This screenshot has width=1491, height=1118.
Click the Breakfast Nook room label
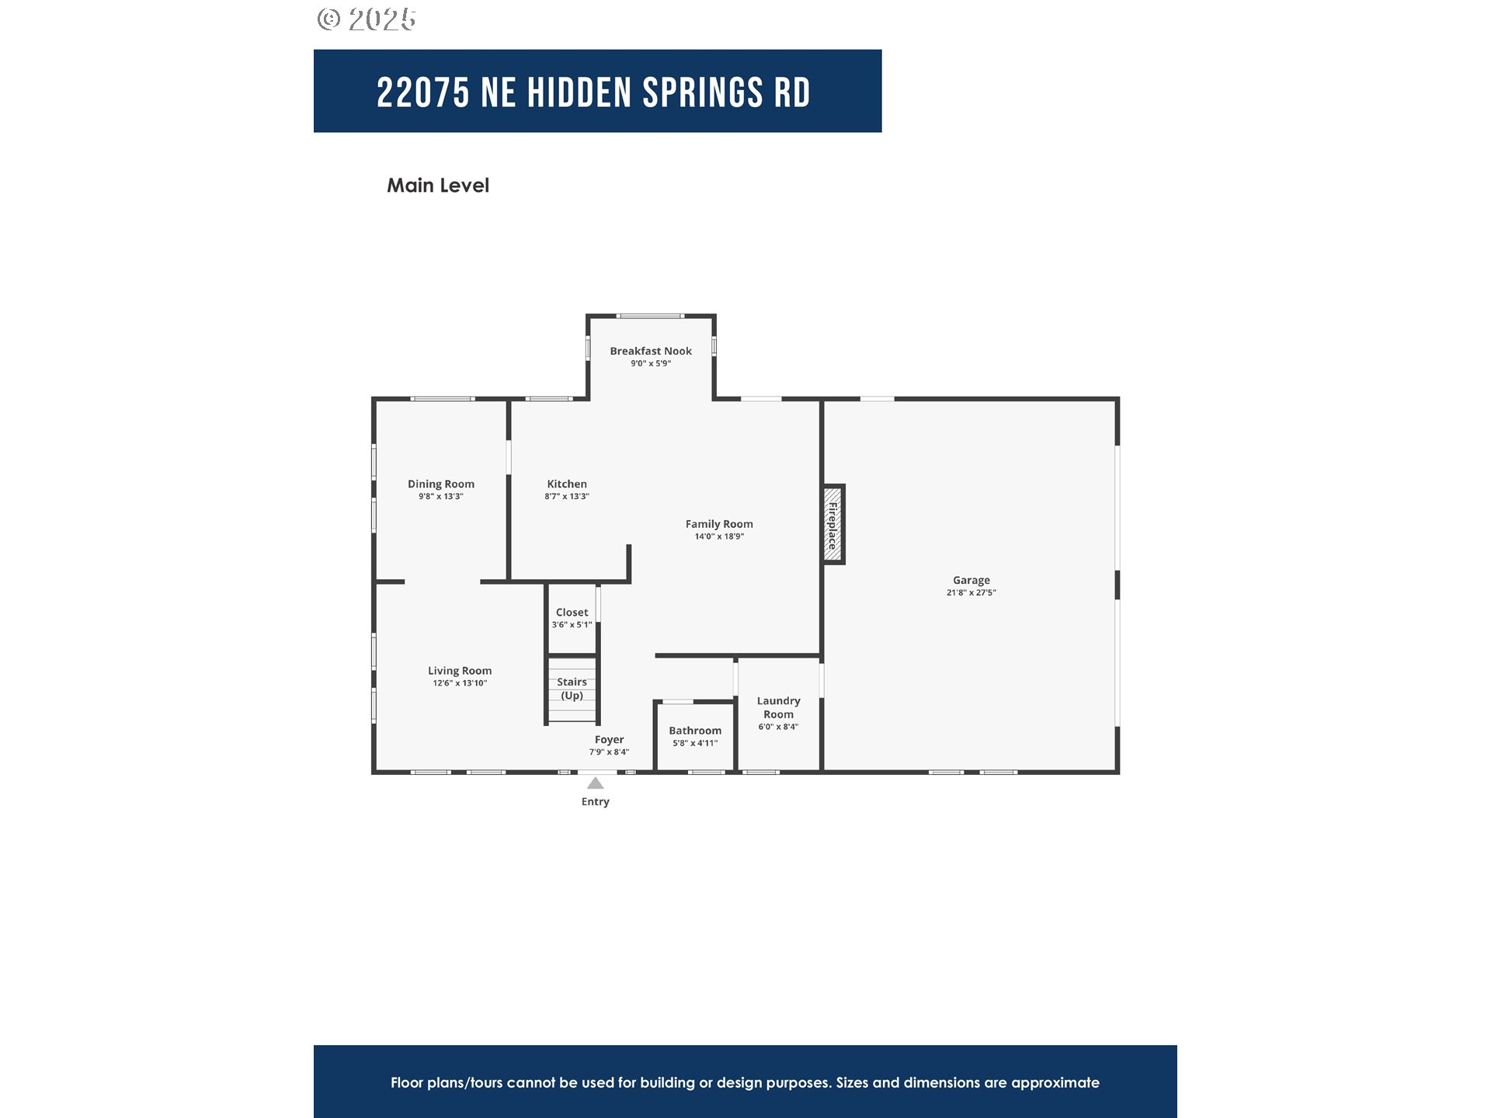click(650, 351)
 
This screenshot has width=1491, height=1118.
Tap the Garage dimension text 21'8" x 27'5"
click(971, 592)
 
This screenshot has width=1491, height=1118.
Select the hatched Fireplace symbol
click(832, 524)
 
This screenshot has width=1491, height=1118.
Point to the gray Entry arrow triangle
click(596, 783)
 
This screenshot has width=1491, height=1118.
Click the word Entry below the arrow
click(595, 801)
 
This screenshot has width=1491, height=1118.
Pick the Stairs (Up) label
click(572, 689)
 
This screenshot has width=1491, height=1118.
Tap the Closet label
click(572, 613)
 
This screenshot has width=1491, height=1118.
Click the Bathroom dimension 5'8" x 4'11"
click(695, 743)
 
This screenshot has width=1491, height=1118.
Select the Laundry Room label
click(778, 707)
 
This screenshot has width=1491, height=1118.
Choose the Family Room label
click(719, 524)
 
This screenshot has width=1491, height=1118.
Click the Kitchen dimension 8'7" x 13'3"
click(567, 496)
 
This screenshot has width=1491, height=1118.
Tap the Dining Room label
click(441, 484)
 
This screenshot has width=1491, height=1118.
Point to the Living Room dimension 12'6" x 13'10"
click(460, 683)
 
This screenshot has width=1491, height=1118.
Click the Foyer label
click(609, 740)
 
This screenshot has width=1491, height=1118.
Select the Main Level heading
click(438, 186)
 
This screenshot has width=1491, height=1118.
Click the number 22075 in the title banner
click(423, 93)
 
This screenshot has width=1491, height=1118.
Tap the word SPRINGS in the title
click(703, 93)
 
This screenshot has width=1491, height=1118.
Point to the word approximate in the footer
click(1055, 1082)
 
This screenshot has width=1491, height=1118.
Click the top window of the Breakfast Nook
click(650, 316)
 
